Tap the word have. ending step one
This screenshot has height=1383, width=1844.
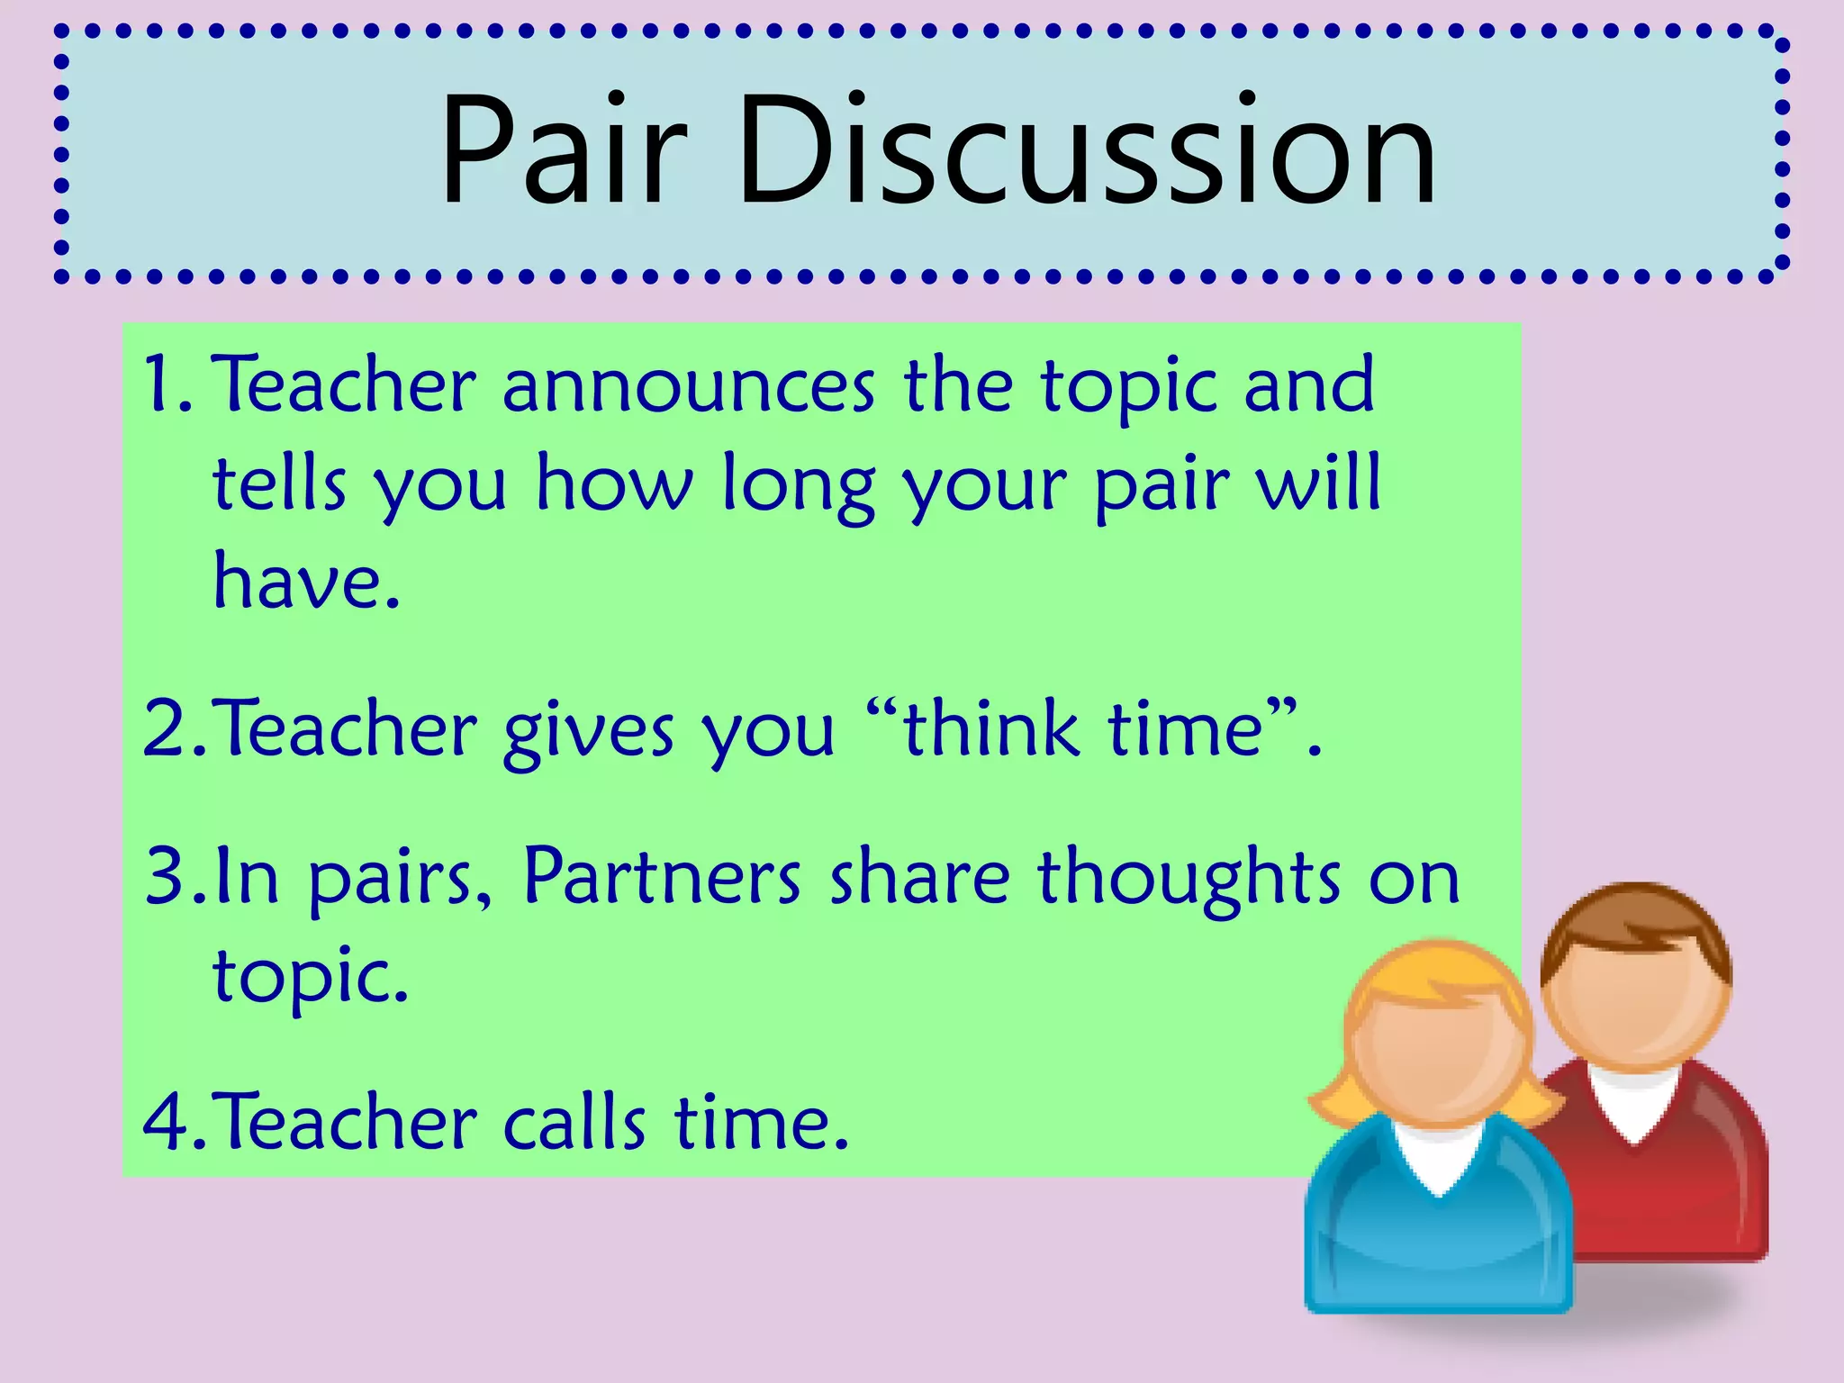[x=305, y=581]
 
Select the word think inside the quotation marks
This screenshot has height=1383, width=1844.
[x=990, y=728]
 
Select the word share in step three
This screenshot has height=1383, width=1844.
[x=918, y=878]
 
